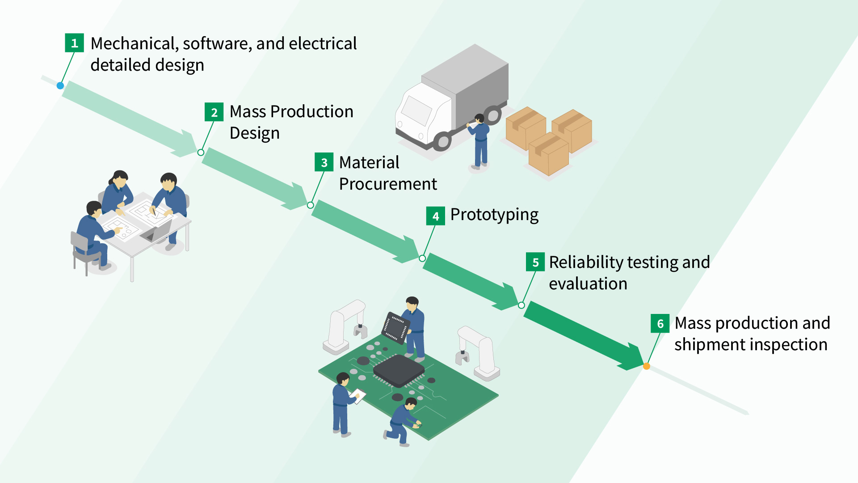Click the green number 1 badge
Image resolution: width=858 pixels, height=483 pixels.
pos(74,43)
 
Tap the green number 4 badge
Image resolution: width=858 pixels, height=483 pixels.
pos(435,216)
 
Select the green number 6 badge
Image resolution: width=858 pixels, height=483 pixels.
pos(660,323)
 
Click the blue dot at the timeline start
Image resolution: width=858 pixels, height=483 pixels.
pos(60,85)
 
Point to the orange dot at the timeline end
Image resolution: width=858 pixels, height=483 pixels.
pos(646,366)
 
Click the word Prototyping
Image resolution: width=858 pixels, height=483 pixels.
pos(494,215)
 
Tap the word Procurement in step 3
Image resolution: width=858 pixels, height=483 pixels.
pos(387,184)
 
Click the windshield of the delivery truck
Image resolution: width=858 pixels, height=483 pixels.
pos(416,110)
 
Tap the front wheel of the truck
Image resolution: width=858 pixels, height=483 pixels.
pos(442,142)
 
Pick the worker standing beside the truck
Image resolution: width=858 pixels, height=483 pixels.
pos(479,141)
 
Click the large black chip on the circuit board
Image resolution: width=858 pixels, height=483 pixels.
pos(398,369)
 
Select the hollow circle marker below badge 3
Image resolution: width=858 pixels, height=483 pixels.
pos(310,205)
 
